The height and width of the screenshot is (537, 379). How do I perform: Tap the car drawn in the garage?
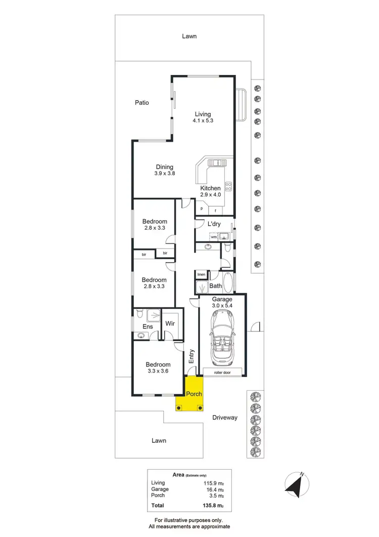[x=222, y=337]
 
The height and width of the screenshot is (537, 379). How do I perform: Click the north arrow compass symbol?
[x=295, y=483]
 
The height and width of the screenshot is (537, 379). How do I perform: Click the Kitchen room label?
[x=210, y=188]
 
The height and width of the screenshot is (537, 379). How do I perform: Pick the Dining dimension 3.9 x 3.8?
[x=164, y=174]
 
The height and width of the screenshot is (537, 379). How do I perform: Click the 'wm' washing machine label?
[x=214, y=236]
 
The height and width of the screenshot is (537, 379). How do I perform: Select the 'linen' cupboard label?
[x=202, y=274]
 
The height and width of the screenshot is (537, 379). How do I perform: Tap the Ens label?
[x=148, y=327]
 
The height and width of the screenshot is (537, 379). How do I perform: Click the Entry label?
[x=192, y=357]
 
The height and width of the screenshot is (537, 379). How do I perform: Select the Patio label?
[x=142, y=103]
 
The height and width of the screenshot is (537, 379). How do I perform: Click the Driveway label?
[x=224, y=418]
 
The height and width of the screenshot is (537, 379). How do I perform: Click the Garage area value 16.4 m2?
[x=215, y=489]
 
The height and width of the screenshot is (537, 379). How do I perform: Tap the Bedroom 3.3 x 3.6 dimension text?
[x=158, y=371]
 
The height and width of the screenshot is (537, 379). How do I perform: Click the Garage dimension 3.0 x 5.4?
[x=222, y=306]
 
